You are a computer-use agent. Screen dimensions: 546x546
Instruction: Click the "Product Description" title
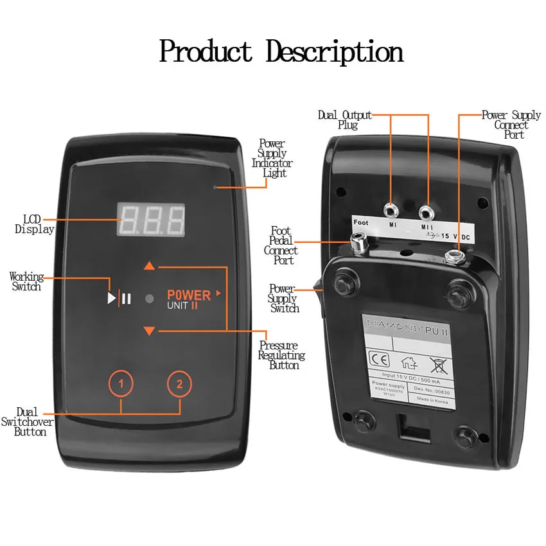coord(281,51)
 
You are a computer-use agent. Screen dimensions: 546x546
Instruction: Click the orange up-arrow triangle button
coord(150,265)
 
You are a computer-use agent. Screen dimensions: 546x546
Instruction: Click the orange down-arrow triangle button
coord(150,331)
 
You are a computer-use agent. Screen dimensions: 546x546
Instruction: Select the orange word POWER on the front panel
coord(189,295)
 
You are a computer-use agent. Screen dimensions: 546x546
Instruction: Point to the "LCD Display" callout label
coord(34,224)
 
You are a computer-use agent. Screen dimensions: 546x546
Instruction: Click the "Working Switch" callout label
coord(26,281)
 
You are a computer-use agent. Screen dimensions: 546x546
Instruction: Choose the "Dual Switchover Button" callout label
coord(27,421)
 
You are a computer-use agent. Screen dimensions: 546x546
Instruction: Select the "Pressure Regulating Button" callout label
coord(281,355)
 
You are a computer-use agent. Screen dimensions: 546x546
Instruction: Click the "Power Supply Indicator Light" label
coord(272,158)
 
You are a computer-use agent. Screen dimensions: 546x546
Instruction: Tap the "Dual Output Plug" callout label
coord(345,120)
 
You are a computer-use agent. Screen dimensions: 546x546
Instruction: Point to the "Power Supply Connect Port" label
coord(511,125)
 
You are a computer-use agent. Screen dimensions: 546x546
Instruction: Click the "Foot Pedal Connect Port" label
coord(281,245)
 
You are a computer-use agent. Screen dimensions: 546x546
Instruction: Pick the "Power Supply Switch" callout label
coord(283,299)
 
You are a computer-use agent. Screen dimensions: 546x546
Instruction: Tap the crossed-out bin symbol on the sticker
coord(438,364)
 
